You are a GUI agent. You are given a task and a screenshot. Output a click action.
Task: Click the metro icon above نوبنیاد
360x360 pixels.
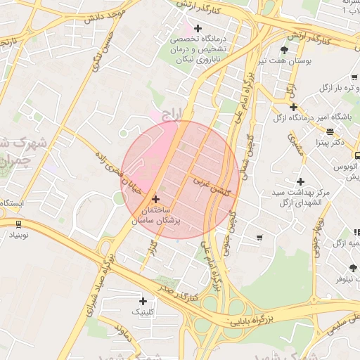click(x=17, y=224)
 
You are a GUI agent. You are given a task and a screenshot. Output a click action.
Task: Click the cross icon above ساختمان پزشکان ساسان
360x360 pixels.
click(x=156, y=200)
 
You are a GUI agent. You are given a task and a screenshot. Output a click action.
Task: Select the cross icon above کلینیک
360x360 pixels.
click(x=143, y=301)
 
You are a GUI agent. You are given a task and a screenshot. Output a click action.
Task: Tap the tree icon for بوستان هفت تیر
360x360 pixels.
click(x=284, y=50)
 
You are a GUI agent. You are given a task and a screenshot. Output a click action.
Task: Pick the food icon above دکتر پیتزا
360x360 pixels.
click(x=329, y=131)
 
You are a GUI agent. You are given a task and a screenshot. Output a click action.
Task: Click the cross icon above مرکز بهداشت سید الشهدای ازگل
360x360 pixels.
click(x=300, y=181)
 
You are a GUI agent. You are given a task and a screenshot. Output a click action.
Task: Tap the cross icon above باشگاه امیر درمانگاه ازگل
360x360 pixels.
click(x=293, y=107)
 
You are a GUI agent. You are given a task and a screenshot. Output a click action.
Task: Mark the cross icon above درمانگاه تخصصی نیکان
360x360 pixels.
click(x=198, y=29)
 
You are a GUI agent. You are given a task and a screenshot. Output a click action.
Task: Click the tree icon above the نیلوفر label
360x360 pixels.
click(x=352, y=268)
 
